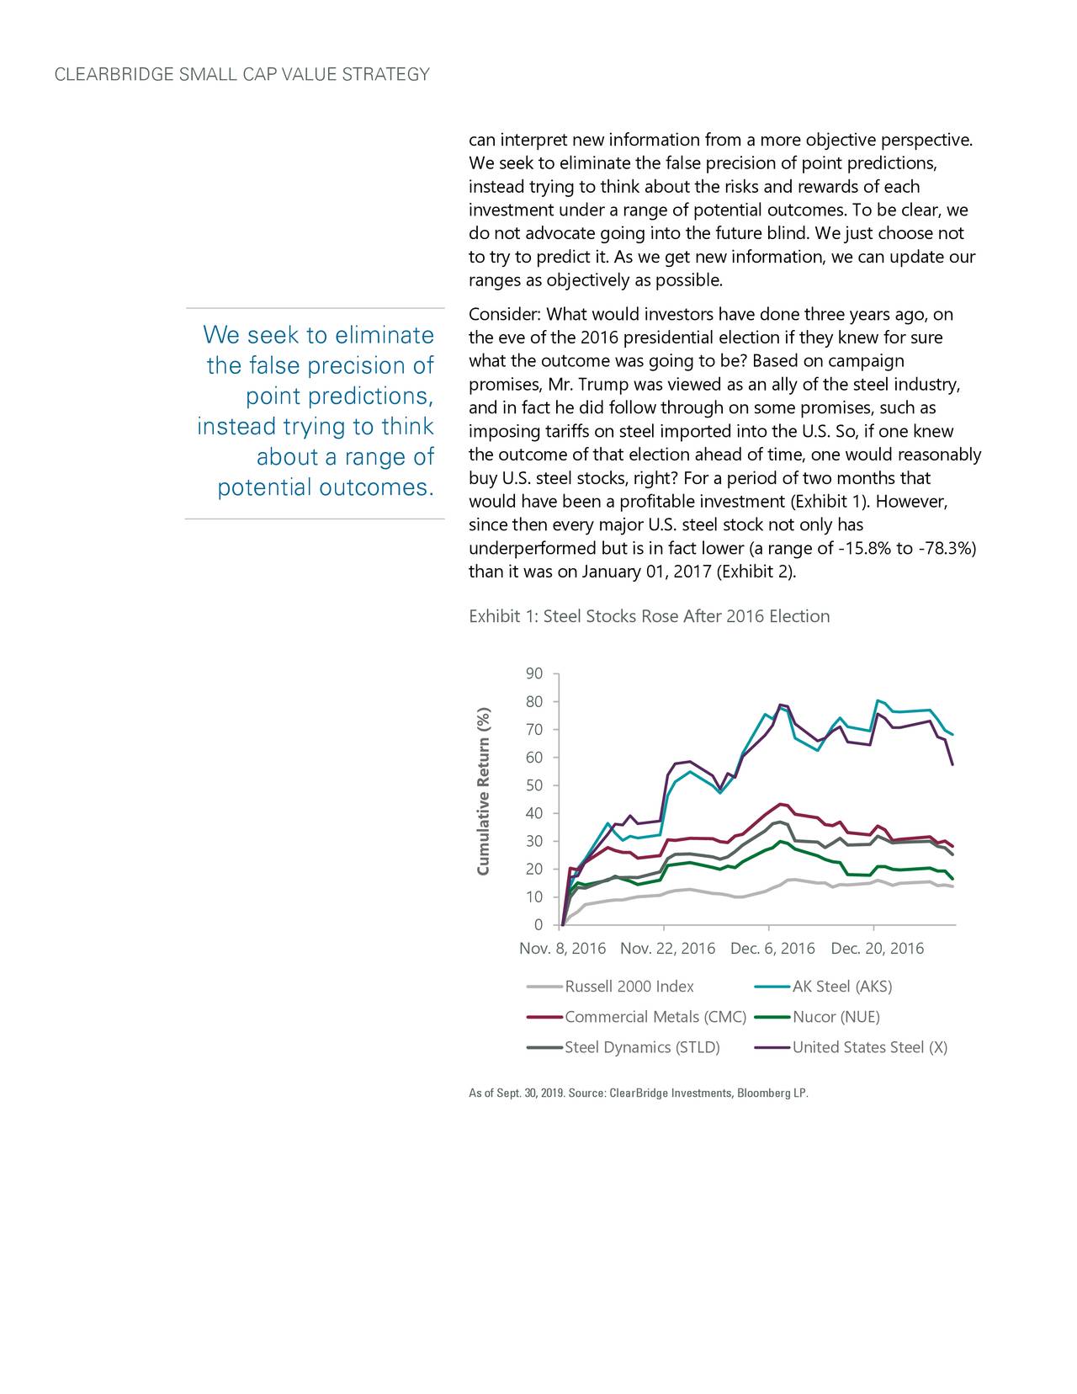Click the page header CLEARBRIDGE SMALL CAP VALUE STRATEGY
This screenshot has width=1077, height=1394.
pos(241,75)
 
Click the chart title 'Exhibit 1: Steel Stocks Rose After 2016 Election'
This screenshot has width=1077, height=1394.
pos(649,616)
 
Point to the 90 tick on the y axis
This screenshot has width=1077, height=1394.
pos(533,674)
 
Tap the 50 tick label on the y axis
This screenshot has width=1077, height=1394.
pos(533,785)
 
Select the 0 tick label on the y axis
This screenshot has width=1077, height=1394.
pos(538,926)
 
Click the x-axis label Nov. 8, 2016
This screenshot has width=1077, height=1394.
pos(562,949)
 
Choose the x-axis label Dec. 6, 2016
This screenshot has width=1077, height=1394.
pos(772,949)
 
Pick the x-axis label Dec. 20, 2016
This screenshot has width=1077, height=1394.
pos(877,949)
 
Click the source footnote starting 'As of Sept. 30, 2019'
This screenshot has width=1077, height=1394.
pos(638,1093)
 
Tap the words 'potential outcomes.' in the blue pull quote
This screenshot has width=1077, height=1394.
pos(326,488)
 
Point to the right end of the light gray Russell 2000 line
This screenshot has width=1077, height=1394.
pos(952,886)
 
